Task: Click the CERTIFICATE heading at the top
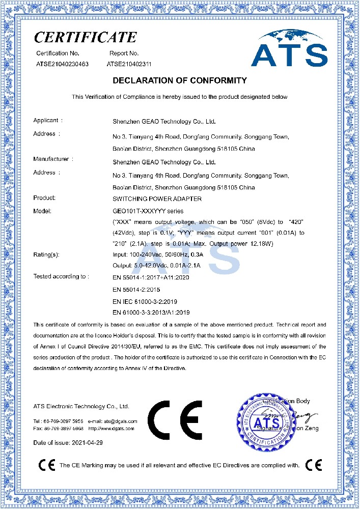point(85,37)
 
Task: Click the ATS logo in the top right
point(289,49)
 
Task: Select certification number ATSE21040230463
point(63,64)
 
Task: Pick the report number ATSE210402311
point(129,64)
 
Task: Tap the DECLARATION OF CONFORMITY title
point(179,80)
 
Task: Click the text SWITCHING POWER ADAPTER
point(157,199)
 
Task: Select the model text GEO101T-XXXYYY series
point(148,211)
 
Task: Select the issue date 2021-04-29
point(87,443)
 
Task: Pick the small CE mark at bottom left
point(47,465)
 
